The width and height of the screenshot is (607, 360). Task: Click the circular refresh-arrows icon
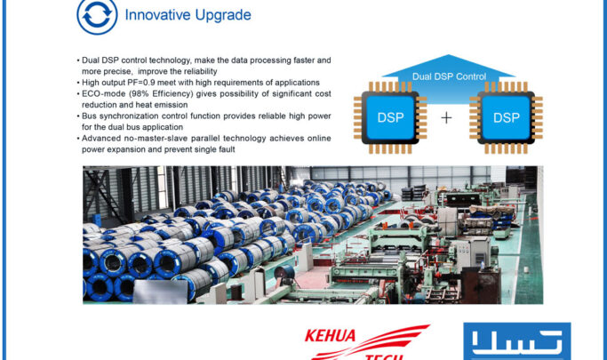97,16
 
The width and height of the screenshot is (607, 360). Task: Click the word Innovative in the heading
157,15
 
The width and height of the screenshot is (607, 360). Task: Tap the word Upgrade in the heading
223,15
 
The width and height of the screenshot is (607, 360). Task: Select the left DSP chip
390,117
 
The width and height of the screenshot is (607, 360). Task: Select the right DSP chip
506,117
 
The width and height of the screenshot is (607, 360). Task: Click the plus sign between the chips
446,117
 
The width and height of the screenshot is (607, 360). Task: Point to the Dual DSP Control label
449,76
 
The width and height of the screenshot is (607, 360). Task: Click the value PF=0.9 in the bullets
141,83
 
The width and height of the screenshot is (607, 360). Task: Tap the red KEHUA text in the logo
331,335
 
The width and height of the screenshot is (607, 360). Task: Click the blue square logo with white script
517,341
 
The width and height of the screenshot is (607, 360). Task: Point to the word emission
172,105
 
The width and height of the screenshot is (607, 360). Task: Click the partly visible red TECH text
384,356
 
